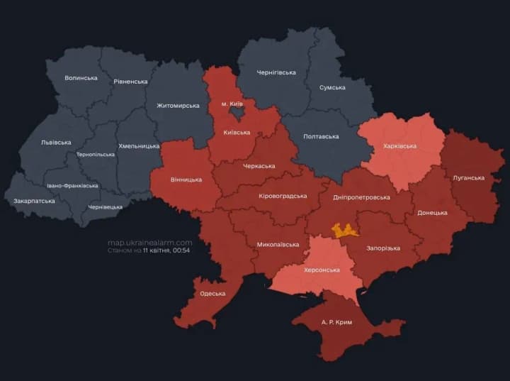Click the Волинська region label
coord(81,77)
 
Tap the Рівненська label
coord(130,82)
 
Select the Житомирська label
coord(177,106)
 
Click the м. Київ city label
coord(234,104)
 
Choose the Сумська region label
coord(332,87)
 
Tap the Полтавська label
coord(321,136)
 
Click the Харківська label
coord(399,146)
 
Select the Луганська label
coord(468,177)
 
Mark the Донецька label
coord(432,212)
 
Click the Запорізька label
coord(383,248)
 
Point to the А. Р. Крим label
coord(336,321)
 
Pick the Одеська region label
coord(212,293)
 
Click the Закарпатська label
coord(34,201)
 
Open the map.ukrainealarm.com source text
coord(149,242)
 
